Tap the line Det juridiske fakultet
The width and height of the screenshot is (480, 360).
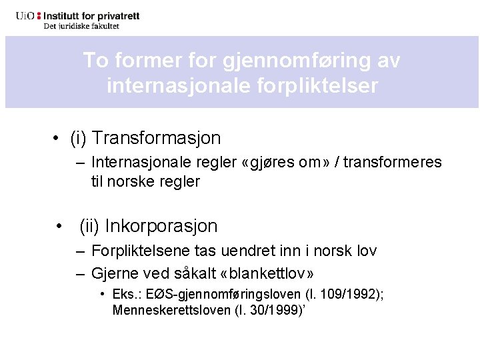click(81, 27)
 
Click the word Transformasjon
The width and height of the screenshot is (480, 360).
click(157, 138)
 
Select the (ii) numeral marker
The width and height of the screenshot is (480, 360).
click(89, 226)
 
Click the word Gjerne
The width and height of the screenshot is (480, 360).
click(115, 273)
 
